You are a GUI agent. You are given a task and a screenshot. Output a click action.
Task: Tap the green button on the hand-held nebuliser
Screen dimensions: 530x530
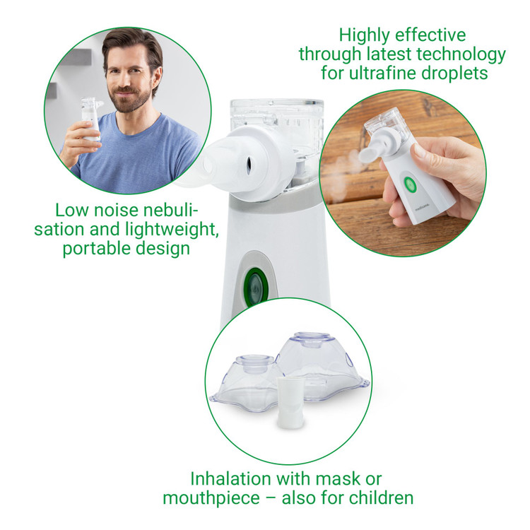[x=409, y=184]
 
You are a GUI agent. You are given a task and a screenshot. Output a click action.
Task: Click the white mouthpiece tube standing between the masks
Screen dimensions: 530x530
[x=288, y=402]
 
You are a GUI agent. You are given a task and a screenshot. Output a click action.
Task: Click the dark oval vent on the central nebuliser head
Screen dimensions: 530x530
[x=249, y=165]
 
